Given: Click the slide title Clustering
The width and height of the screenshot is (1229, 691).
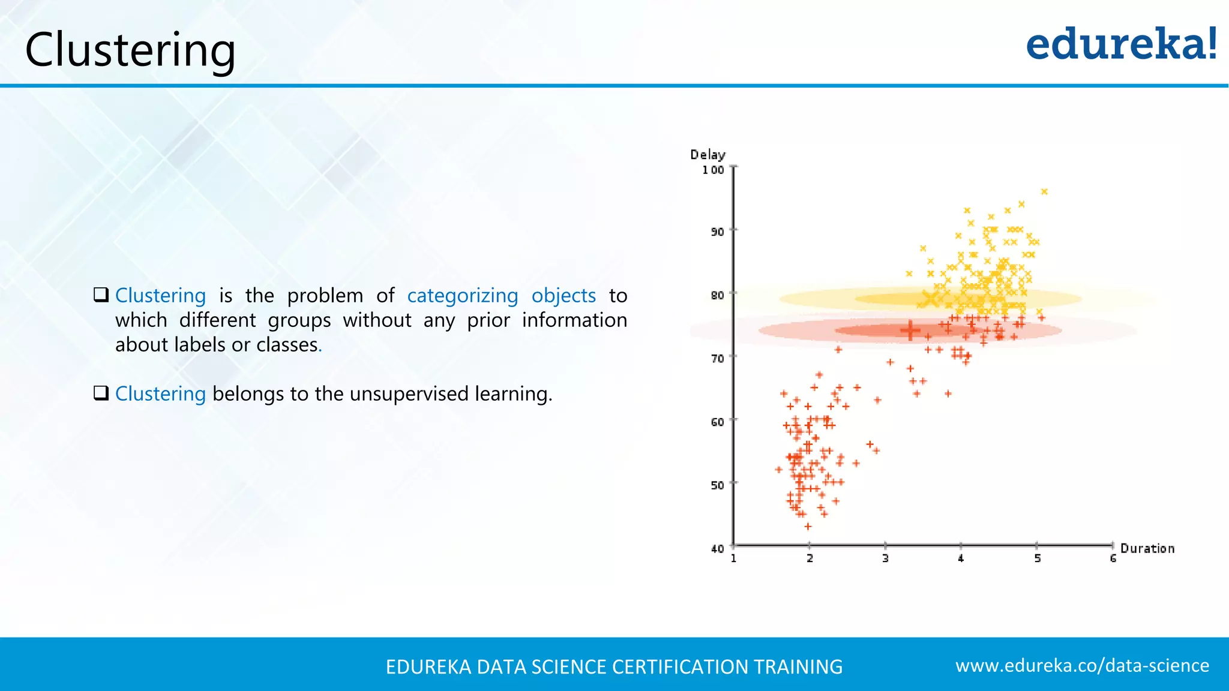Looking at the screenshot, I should click(x=130, y=50).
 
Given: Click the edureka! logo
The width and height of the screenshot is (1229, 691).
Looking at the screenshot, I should click(x=1121, y=44).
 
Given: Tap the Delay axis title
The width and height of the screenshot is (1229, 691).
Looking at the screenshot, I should click(x=708, y=155).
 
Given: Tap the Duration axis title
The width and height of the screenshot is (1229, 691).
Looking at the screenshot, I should click(x=1147, y=548).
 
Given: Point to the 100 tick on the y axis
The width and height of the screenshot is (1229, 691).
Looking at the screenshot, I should click(x=713, y=170).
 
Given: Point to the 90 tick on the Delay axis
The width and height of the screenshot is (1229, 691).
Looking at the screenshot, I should click(x=717, y=232).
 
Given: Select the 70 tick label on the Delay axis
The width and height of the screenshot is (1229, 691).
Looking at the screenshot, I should click(x=717, y=359).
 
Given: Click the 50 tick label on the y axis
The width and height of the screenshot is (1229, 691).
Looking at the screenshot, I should click(x=717, y=485).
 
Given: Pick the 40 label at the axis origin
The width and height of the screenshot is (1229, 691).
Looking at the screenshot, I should click(x=717, y=548).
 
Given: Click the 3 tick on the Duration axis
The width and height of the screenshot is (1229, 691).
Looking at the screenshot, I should click(x=885, y=558).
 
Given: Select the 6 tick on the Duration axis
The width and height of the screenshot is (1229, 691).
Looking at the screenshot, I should click(x=1113, y=558).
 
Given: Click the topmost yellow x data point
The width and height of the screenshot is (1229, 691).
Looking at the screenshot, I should click(x=1044, y=191).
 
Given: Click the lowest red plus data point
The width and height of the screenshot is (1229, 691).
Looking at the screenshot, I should click(x=808, y=526).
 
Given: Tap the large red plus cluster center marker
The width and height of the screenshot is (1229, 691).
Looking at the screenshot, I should click(x=910, y=330).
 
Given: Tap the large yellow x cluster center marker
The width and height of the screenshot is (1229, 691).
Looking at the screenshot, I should click(x=931, y=298).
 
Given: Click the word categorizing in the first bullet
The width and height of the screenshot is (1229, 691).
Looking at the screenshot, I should click(x=462, y=296).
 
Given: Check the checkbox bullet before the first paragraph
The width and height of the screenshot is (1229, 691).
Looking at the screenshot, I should click(x=101, y=295).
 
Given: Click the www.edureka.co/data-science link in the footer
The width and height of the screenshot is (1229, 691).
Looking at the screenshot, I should click(x=1082, y=665).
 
